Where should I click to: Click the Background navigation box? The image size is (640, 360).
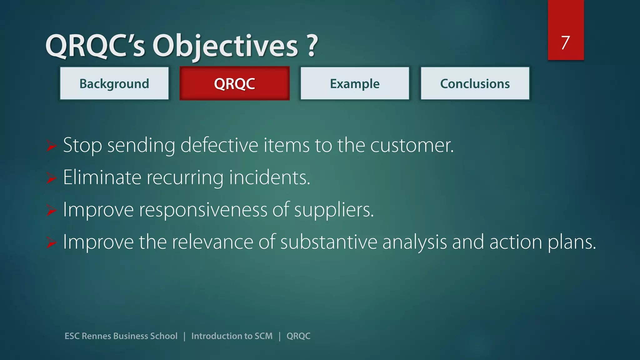coord(114,83)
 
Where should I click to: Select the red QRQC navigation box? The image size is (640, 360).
coord(234,83)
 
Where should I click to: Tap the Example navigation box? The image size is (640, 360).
coord(355,83)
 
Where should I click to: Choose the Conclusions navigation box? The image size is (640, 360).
coord(475,83)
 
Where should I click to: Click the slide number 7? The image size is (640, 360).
coord(565,42)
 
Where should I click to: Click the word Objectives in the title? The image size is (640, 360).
coord(225,46)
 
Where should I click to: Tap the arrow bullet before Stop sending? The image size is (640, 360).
coord(51,146)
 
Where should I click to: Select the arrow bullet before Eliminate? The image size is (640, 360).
coord(51,178)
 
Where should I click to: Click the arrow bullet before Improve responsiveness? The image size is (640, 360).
coord(51,210)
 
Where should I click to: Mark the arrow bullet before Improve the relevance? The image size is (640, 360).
coord(51,242)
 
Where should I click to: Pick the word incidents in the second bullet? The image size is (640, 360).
coord(269,177)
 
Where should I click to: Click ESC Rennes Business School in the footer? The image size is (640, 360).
coord(121,336)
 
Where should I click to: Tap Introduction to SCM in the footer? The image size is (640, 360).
coord(232,336)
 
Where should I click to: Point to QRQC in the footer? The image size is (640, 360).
coord(298,336)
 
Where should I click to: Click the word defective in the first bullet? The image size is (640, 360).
coord(219,146)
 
